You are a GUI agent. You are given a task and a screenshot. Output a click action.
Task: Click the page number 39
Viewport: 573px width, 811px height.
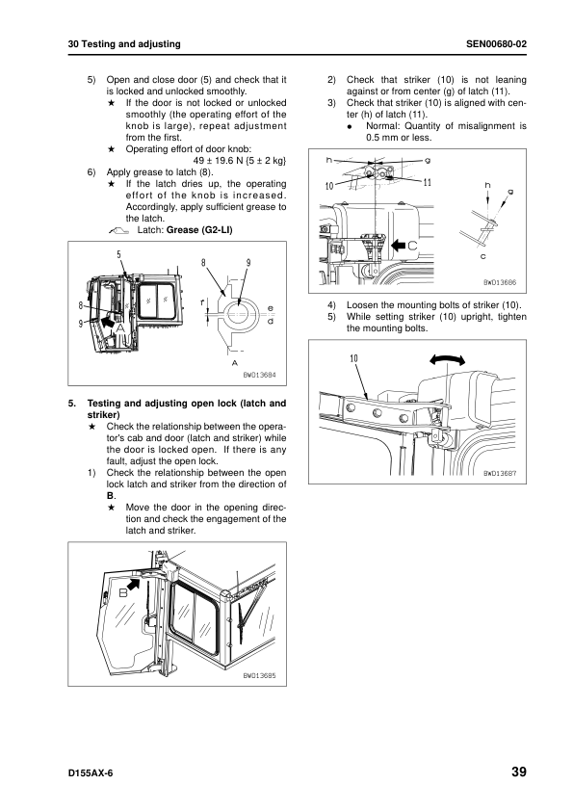[519, 772]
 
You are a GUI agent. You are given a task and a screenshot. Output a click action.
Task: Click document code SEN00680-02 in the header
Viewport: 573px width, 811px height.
[497, 44]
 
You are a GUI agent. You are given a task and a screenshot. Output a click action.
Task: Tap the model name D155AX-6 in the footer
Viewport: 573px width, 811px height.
[90, 773]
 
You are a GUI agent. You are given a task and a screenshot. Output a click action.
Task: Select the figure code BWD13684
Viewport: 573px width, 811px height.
[260, 375]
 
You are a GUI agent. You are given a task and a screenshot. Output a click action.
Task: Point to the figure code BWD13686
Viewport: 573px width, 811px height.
[500, 282]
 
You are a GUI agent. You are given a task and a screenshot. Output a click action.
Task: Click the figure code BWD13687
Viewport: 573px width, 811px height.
[500, 473]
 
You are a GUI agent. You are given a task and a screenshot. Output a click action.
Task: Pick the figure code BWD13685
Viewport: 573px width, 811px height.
[260, 675]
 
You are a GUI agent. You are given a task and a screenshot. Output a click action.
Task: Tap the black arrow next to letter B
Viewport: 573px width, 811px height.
[134, 584]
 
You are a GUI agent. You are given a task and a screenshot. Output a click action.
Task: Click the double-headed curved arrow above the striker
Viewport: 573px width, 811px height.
[447, 359]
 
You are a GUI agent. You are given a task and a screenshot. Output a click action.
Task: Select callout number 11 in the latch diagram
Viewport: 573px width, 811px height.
[427, 183]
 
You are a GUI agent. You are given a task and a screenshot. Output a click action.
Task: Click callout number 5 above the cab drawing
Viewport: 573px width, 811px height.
[118, 254]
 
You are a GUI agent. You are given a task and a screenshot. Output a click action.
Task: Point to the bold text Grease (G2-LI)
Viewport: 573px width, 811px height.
[199, 230]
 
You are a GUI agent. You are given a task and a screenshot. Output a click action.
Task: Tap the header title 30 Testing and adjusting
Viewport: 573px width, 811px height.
[124, 44]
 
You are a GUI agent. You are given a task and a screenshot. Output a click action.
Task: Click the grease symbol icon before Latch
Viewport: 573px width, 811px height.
[119, 231]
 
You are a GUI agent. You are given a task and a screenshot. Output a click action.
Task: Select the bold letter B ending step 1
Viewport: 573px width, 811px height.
[110, 496]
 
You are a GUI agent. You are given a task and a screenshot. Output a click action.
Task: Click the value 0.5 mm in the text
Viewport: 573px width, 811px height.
[382, 138]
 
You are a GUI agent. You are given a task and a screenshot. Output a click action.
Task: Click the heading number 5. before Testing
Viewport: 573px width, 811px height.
[72, 404]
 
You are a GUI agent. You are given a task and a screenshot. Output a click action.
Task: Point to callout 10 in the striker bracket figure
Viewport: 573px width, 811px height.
[353, 358]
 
